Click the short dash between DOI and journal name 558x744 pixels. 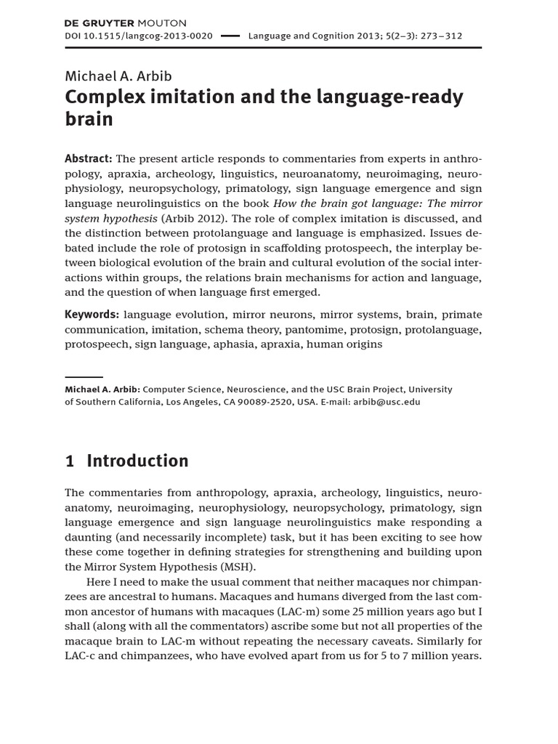230,36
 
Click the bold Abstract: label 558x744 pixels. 88,159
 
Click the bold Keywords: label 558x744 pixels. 92,315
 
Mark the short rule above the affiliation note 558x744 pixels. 84,377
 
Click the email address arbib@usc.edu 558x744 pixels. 387,401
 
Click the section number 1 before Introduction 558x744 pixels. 70,461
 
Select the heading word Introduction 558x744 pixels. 137,461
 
